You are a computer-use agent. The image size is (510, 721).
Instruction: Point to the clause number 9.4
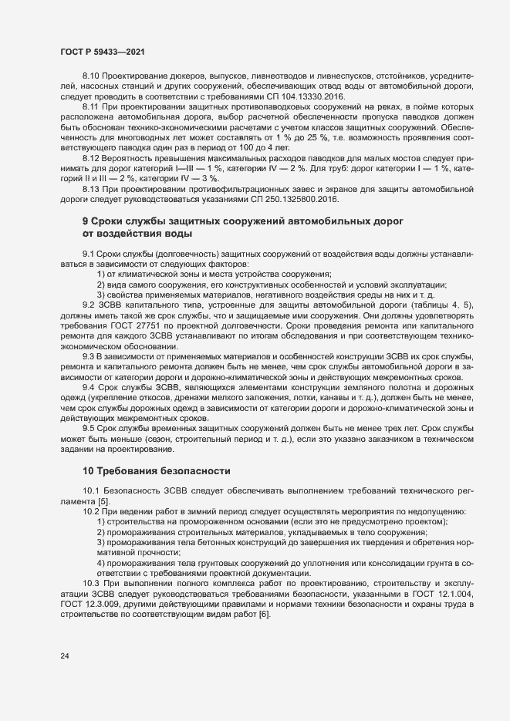pyautogui.click(x=89, y=386)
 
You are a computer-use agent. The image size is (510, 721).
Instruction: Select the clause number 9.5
pyautogui.click(x=89, y=429)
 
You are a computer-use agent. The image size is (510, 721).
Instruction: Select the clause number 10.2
pyautogui.click(x=91, y=512)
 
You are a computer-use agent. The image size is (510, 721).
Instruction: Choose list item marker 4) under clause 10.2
pyautogui.click(x=101, y=563)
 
